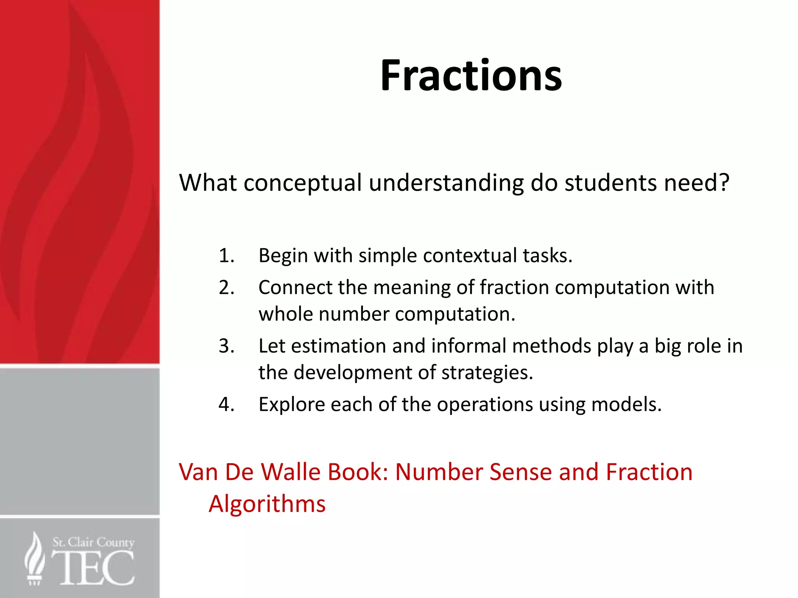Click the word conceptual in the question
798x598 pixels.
coord(303,183)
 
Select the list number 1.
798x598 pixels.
coord(226,256)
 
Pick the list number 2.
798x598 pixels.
coord(226,288)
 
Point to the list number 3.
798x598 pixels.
coord(226,346)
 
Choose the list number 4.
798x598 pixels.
coord(226,405)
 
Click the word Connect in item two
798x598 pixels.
coord(295,288)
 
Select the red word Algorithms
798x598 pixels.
coord(267,504)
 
